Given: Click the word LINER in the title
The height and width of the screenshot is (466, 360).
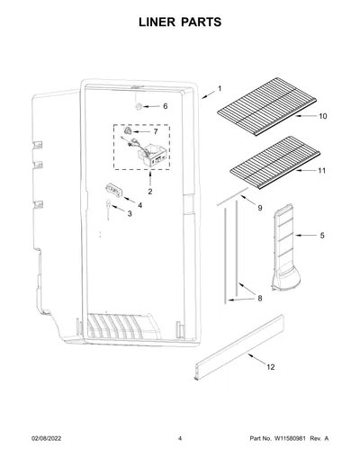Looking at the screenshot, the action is (157, 22).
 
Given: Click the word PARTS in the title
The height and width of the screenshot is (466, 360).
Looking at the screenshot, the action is (201, 22).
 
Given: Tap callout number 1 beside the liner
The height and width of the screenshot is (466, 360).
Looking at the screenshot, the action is (220, 89).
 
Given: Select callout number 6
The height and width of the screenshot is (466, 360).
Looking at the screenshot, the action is (166, 106).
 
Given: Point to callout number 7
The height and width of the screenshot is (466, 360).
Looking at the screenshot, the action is (156, 131).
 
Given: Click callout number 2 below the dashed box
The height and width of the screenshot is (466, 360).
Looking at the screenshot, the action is (150, 192).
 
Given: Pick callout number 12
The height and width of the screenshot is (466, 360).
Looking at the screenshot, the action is (271, 367).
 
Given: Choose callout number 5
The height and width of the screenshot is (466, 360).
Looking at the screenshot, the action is (322, 236).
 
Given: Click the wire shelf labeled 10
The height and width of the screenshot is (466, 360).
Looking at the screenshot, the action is (267, 106).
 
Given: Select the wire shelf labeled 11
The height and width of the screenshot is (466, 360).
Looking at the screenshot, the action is (274, 162).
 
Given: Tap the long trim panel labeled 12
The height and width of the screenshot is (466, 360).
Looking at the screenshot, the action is (239, 347).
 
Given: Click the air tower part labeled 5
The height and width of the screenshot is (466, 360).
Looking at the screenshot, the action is (285, 247).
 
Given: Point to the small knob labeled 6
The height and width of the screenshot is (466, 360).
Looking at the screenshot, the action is (139, 106).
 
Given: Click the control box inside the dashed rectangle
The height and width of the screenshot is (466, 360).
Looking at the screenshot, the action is (152, 155).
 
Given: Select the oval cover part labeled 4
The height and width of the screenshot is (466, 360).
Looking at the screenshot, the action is (114, 191).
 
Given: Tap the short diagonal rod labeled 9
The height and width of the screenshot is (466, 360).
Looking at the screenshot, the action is (232, 197).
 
